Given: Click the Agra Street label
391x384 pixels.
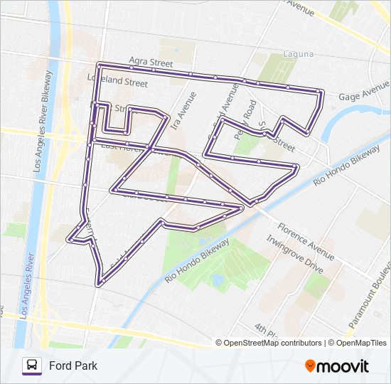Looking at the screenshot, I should [151, 63].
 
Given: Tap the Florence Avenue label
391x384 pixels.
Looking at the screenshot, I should [306, 242].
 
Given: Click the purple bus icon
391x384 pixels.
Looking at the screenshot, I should [32, 366].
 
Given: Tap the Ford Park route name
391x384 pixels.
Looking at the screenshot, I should [73, 366].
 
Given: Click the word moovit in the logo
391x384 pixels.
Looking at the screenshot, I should [343, 366].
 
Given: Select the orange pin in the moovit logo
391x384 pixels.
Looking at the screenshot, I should [311, 366].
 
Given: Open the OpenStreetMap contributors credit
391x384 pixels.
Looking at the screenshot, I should [273, 343].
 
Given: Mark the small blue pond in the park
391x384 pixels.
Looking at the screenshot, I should [217, 280].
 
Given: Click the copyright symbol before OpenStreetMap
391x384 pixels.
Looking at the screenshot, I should [220, 343].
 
